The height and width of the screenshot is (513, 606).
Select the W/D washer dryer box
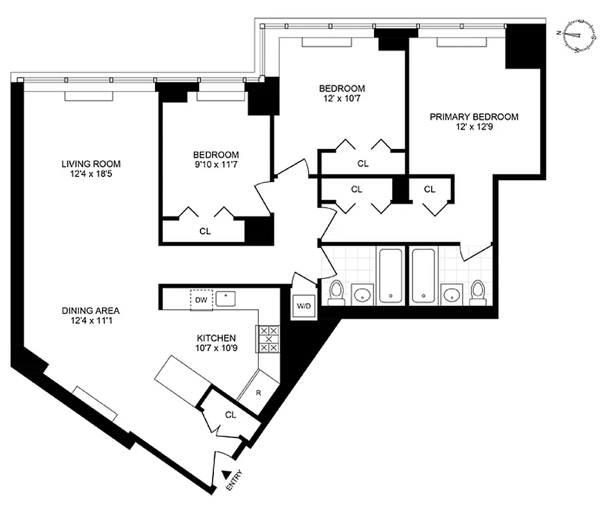[302, 306]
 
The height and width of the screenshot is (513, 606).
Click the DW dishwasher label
[201, 299]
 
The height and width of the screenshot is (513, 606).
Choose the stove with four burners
[268, 339]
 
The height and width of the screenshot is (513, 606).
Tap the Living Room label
[91, 164]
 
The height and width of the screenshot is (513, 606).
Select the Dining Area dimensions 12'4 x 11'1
[90, 321]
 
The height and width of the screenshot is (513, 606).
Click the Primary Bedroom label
[473, 117]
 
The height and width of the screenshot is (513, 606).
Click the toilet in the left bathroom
[336, 292]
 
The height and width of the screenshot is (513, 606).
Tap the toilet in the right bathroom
[478, 292]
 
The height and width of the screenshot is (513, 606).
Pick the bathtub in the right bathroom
[423, 276]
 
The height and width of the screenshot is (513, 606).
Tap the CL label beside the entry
[231, 414]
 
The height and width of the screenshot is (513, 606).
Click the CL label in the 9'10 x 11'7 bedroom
[204, 230]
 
